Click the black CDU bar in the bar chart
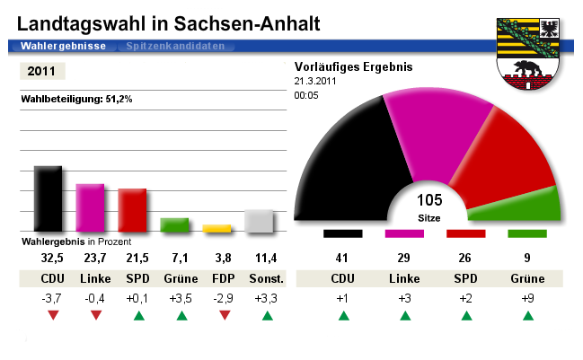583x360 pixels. point(48,198)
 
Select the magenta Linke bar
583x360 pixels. point(90,207)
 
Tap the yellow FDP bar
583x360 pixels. point(217,228)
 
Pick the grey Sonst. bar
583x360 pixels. point(259,221)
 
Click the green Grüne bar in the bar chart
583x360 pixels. point(174,224)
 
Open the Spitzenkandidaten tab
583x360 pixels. point(175,45)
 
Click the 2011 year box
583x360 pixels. point(41,71)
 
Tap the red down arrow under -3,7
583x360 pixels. point(53,315)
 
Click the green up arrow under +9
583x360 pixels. point(527,315)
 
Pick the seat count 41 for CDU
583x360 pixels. point(342,259)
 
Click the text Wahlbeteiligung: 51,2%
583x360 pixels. point(76,99)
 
